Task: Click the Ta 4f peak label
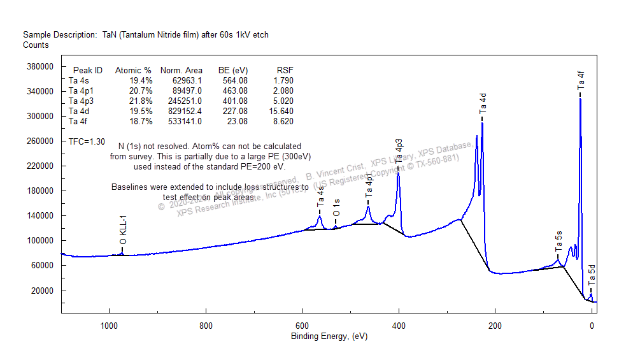click(x=581, y=81)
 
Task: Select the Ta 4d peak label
click(x=483, y=103)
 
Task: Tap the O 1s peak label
click(x=336, y=207)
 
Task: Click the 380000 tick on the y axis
click(x=38, y=66)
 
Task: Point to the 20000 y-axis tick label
click(x=40, y=291)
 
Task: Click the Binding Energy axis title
click(x=329, y=336)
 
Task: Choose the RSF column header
click(x=285, y=70)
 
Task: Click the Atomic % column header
click(x=133, y=70)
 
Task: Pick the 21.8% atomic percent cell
click(x=141, y=101)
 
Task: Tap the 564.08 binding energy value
click(x=232, y=80)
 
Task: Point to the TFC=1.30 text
click(x=87, y=141)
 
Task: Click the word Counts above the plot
click(x=36, y=45)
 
